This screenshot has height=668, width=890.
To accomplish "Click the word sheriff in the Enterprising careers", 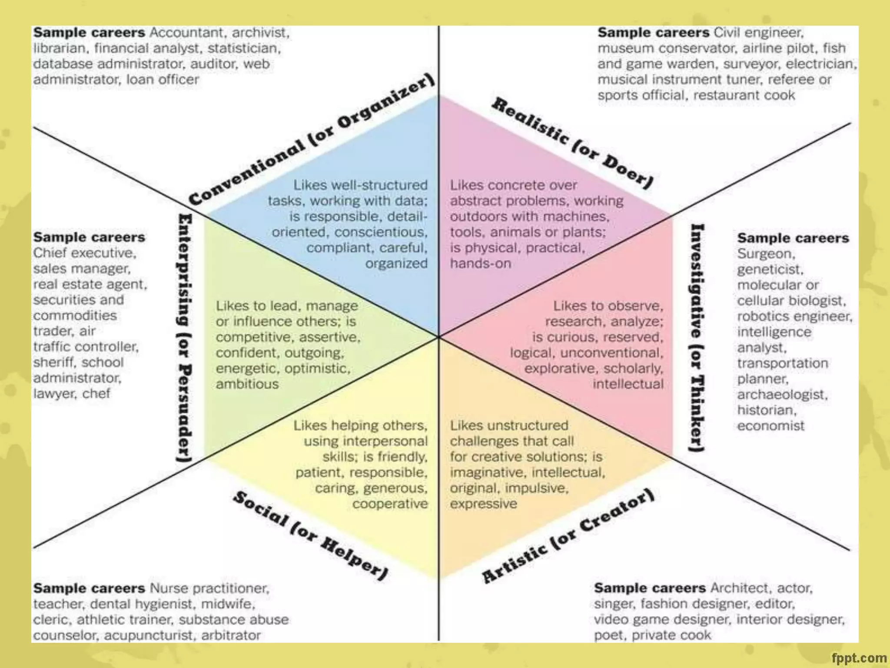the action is click(54, 362).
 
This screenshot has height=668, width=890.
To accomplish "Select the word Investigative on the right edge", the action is click(697, 281).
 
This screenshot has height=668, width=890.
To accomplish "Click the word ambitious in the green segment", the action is click(247, 384).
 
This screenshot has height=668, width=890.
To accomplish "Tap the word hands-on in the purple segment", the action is click(480, 264).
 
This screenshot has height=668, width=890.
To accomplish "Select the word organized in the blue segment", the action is click(396, 264).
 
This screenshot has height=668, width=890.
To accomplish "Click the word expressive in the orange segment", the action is click(483, 504).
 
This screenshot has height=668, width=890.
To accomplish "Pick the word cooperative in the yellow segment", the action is click(390, 504).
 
